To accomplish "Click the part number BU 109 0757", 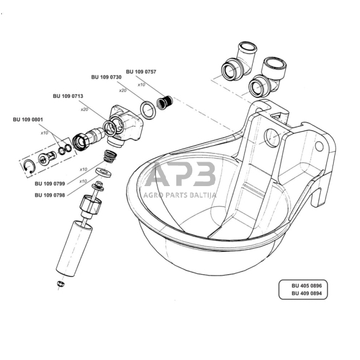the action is tap(141, 72).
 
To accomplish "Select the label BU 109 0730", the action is tap(107, 77).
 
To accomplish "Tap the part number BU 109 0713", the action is tap(68, 96).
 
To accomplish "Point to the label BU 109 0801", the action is tap(28, 119).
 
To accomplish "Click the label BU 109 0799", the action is tap(50, 184).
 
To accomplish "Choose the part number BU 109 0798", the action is tap(50, 195).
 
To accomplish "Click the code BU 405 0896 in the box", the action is tap(307, 286).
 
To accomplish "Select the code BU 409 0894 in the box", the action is tap(307, 293).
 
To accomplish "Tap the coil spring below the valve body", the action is tap(110, 156).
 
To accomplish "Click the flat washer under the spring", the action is tap(103, 173).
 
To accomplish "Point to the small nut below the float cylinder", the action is tap(61, 283).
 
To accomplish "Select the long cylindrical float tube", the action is tap(74, 249).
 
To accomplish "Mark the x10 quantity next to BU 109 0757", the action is tap(141, 84).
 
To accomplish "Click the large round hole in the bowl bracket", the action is tap(272, 138).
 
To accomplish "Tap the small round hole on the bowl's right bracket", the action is tap(320, 146).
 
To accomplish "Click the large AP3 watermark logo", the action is tap(181, 174).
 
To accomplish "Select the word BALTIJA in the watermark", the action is tap(203, 195).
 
